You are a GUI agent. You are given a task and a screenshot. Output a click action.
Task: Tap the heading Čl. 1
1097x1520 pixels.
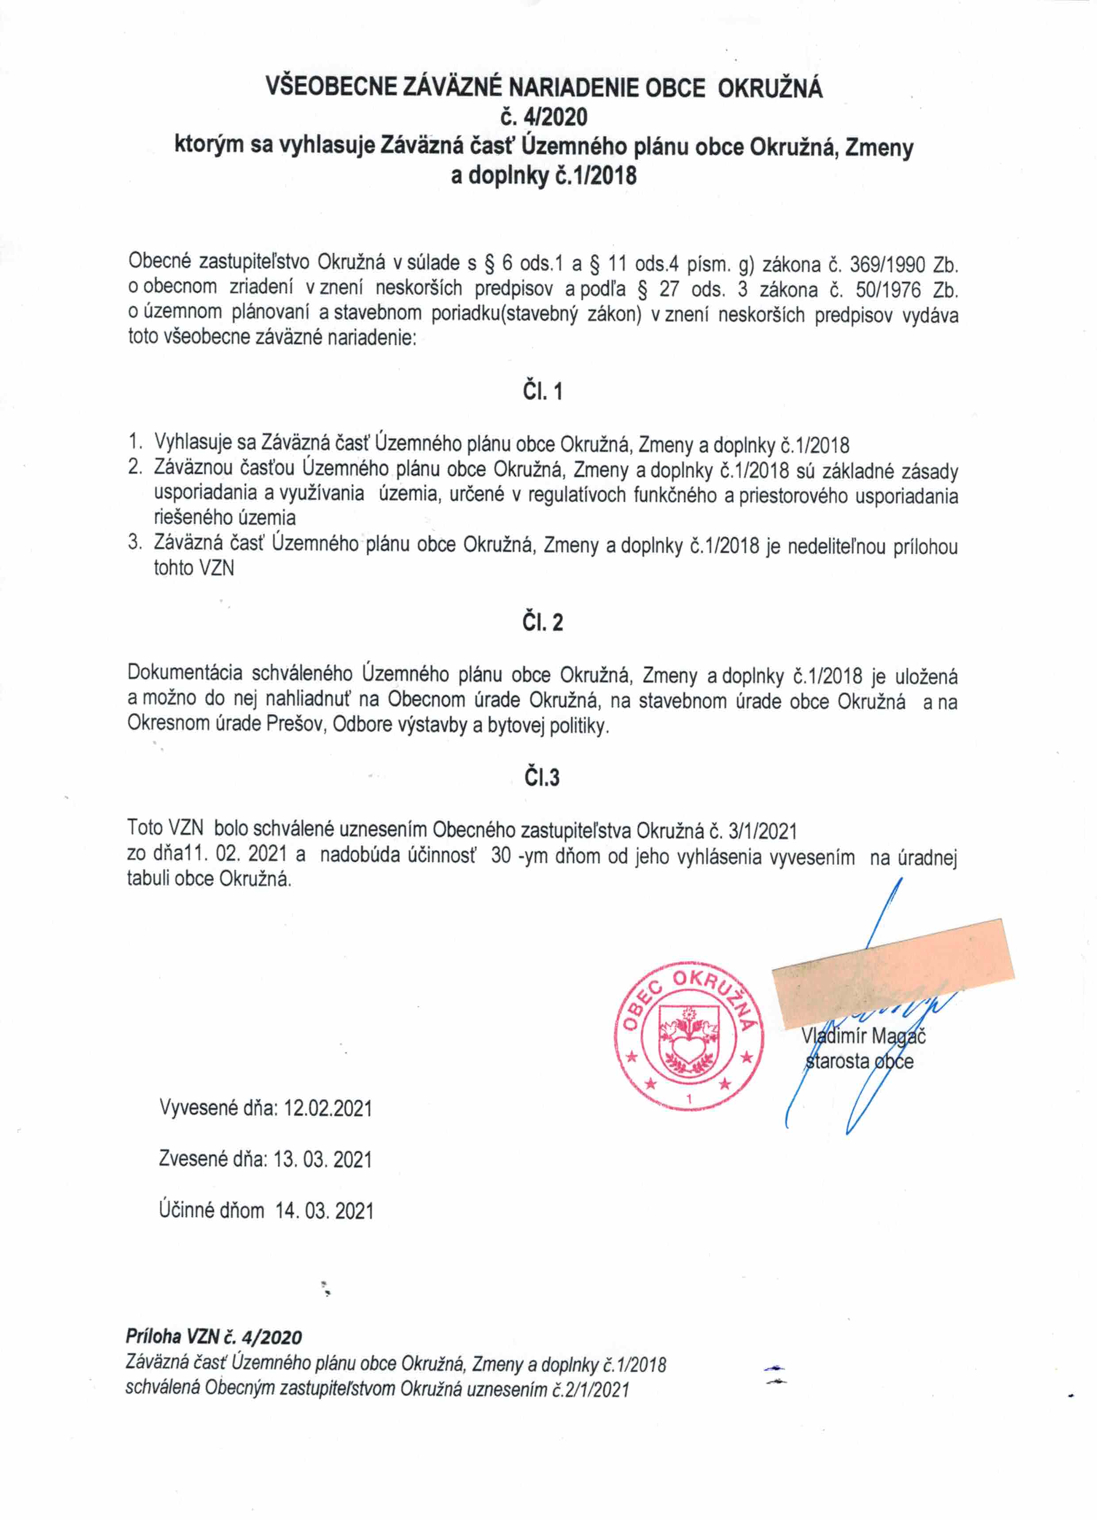[542, 391]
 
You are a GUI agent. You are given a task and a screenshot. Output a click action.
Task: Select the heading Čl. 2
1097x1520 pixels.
[542, 623]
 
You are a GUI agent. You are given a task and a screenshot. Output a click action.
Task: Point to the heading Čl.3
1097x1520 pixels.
[541, 777]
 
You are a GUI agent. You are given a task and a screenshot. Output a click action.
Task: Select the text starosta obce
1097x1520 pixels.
[859, 1062]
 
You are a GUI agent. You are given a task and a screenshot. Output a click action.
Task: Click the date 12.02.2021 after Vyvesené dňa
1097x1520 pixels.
[328, 1108]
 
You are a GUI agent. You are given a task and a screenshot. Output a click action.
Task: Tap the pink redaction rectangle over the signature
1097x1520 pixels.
[893, 966]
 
